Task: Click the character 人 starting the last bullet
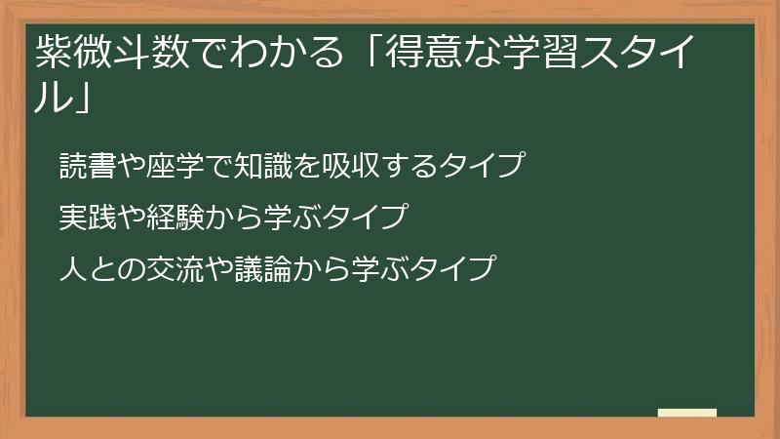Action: pos(71,267)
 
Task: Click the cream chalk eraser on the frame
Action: pos(687,414)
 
